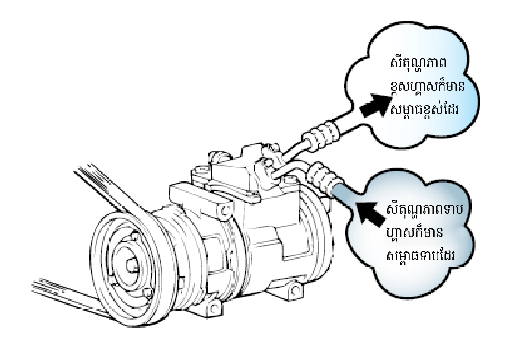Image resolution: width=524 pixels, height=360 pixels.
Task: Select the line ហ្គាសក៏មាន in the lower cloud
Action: point(415,234)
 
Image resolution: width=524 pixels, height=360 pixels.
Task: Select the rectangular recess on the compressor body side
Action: point(277,242)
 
